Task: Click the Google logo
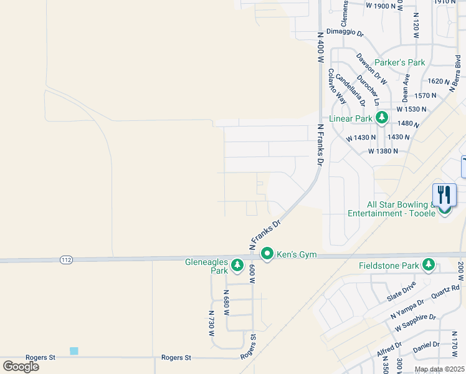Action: (x=21, y=366)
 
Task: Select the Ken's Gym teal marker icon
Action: (x=267, y=254)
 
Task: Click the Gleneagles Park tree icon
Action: (x=237, y=266)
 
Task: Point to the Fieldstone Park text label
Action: (x=389, y=266)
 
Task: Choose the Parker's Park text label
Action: (x=399, y=62)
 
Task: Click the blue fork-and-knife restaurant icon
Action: (x=445, y=194)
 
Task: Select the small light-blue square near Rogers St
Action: (x=74, y=351)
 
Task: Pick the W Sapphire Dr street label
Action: (x=415, y=322)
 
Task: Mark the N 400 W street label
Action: (x=321, y=47)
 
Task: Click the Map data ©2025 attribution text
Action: (x=439, y=369)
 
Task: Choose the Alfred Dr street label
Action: (x=389, y=350)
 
